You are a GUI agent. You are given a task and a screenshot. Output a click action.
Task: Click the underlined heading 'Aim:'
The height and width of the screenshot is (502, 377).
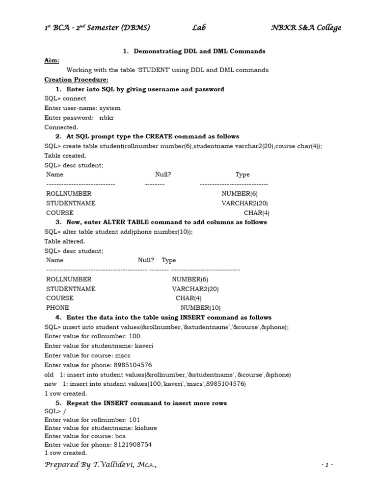51,60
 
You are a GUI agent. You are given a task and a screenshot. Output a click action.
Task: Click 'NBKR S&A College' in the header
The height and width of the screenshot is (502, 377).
306,28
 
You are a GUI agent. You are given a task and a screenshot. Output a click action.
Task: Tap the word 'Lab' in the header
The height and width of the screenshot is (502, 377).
199,28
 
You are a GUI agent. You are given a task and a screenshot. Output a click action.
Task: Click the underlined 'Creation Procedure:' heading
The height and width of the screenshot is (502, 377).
76,79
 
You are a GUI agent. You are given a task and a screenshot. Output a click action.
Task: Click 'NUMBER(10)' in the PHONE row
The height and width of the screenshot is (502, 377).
201,307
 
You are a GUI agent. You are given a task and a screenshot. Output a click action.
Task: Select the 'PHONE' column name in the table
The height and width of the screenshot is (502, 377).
57,307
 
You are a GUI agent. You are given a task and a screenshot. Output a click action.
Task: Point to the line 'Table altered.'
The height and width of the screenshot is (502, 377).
64,241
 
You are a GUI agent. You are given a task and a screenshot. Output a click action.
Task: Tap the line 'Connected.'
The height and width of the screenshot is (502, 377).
61,127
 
